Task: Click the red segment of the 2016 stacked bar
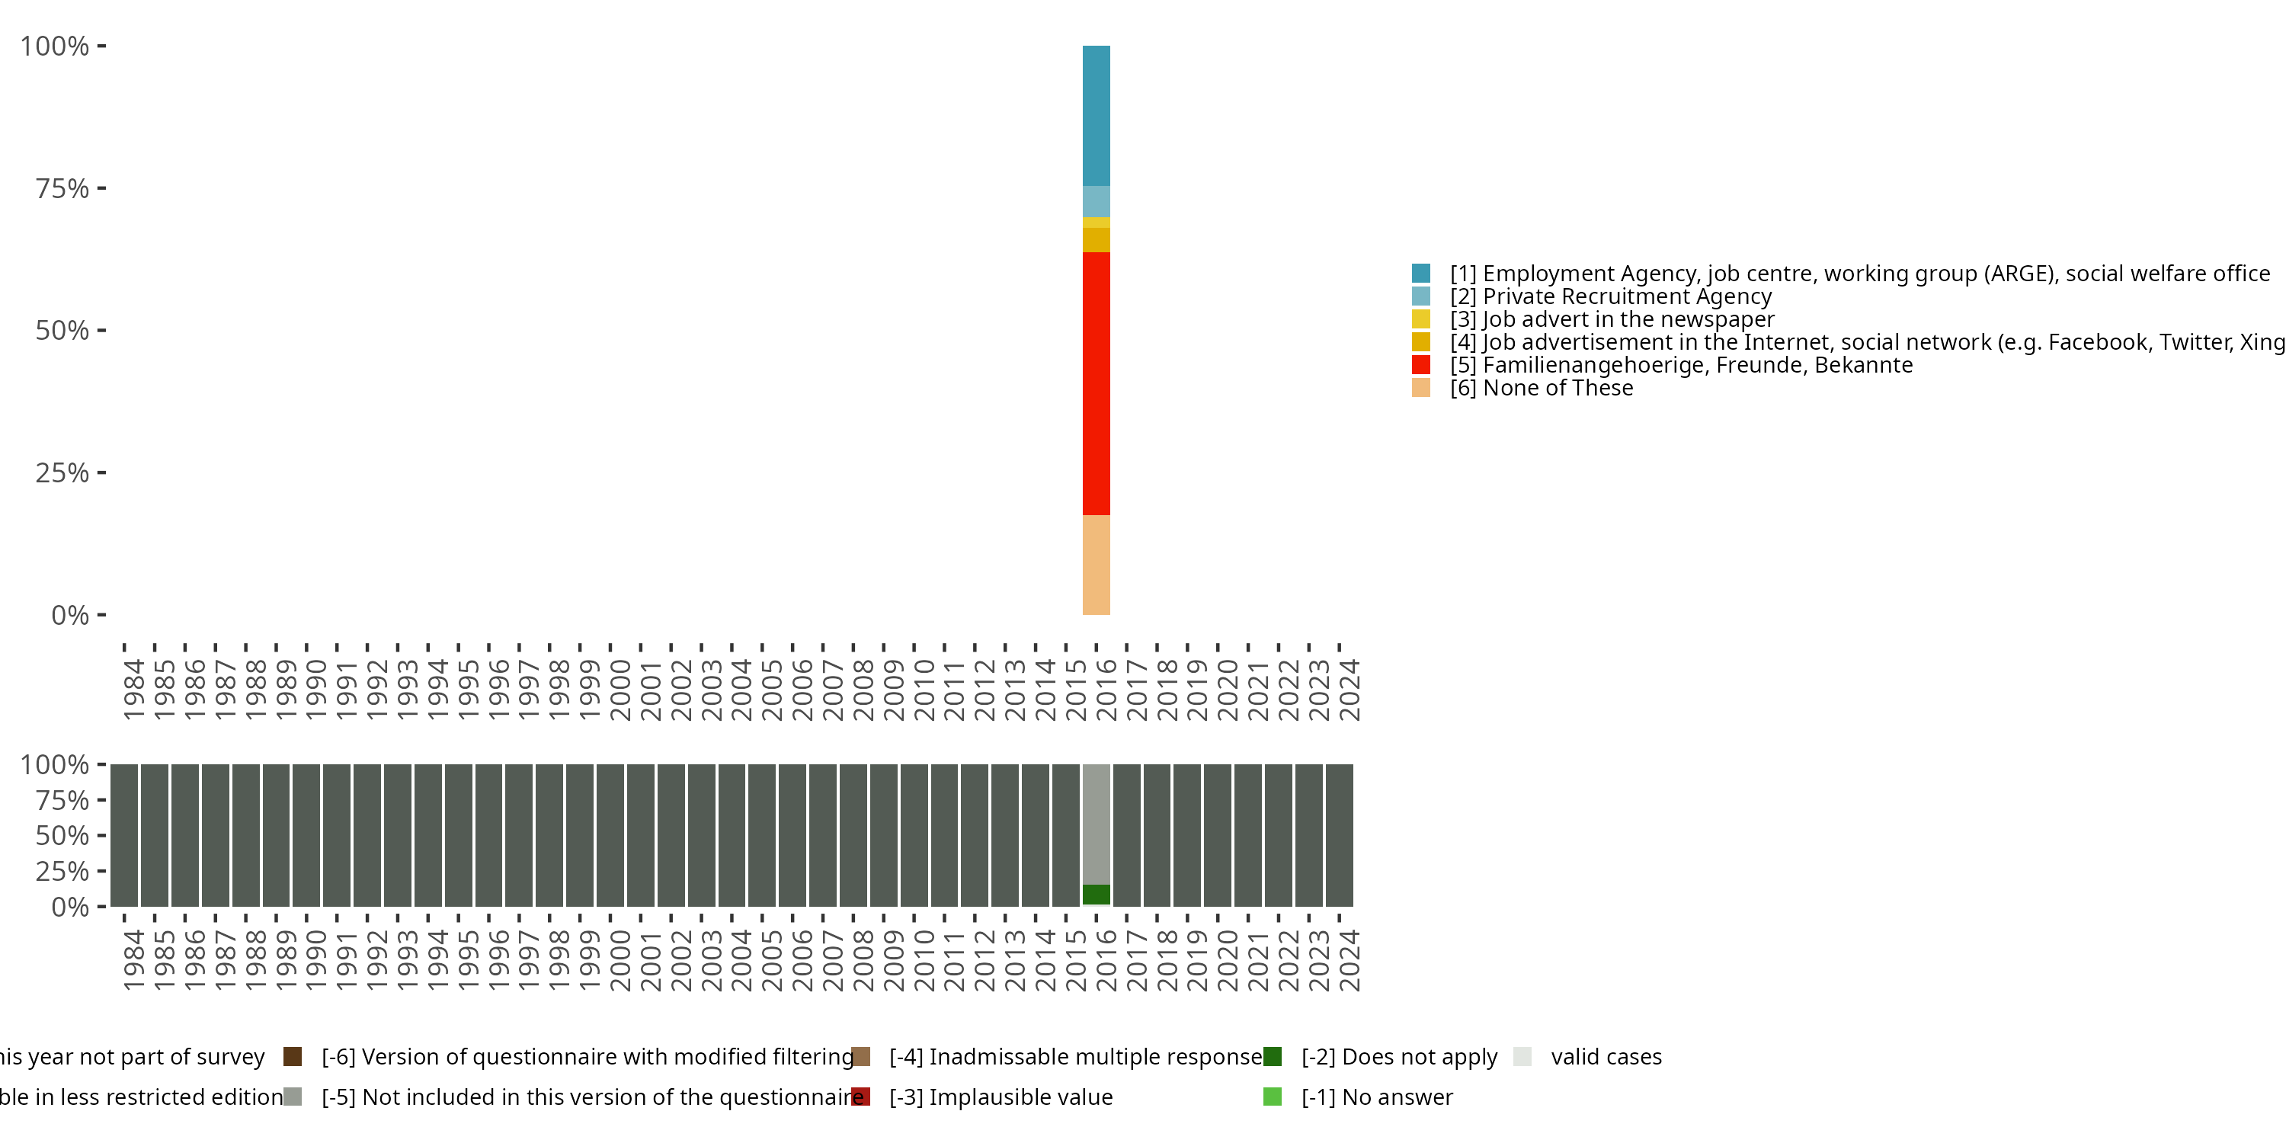point(1096,383)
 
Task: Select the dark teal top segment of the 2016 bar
point(1096,115)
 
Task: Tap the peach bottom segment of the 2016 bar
point(1096,565)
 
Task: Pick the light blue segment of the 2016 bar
point(1096,201)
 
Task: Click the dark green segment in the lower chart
point(1096,895)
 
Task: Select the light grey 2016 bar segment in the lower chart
point(1096,824)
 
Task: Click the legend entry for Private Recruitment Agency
point(1610,296)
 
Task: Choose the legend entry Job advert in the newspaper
point(1612,319)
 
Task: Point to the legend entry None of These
point(1542,388)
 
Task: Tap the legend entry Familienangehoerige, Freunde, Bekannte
point(1681,365)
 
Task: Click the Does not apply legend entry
point(1398,1057)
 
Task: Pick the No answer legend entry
point(1376,1097)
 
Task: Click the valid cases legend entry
point(1606,1057)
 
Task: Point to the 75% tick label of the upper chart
point(62,188)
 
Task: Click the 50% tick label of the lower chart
point(62,835)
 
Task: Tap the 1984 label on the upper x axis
point(133,690)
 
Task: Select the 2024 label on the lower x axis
point(1349,960)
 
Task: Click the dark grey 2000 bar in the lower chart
point(610,834)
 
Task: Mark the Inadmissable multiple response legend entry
point(1074,1057)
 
